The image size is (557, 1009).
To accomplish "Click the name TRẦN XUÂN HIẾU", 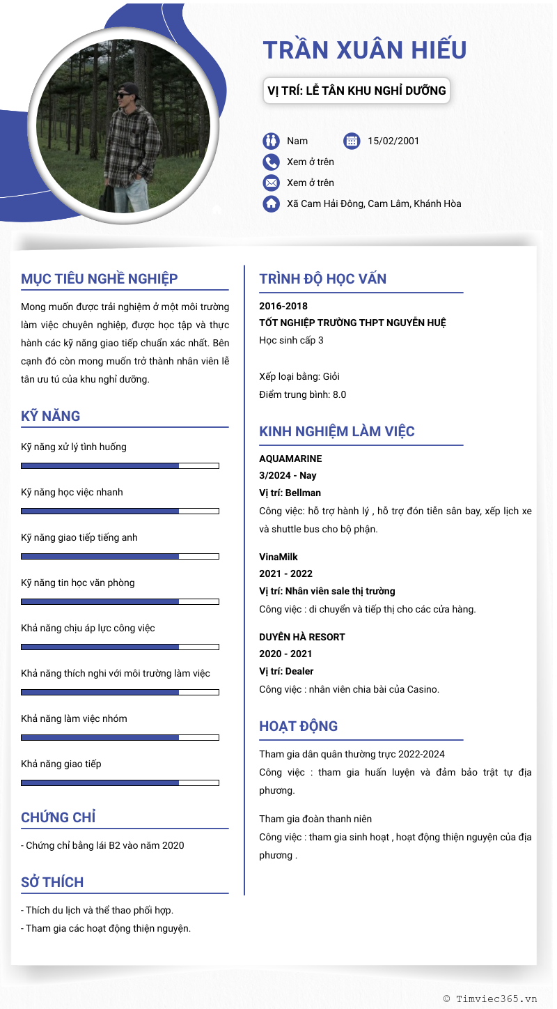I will [x=365, y=50].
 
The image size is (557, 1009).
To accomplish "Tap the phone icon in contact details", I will [x=271, y=162].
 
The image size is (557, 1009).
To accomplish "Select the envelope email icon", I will [x=271, y=183].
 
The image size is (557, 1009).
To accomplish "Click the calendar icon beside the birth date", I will [x=352, y=141].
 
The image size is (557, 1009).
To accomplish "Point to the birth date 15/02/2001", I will [x=393, y=141].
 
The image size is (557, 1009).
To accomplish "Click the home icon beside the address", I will [x=271, y=204].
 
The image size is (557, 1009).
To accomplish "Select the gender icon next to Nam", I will [x=271, y=141].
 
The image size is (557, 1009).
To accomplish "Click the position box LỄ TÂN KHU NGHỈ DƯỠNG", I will [x=356, y=91].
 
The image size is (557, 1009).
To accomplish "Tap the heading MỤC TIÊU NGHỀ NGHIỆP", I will [x=100, y=279].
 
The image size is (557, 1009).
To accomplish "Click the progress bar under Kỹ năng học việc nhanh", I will [x=120, y=511].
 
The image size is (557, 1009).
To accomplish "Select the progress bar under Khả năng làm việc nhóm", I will [x=120, y=737].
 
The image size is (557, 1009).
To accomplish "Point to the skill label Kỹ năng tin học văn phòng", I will [x=78, y=583].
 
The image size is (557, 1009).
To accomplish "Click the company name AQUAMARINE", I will [x=290, y=459].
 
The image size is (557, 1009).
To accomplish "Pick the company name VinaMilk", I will [x=278, y=557].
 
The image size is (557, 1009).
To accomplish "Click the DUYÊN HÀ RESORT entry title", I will [x=302, y=637].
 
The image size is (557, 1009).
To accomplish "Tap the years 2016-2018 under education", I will [x=283, y=306].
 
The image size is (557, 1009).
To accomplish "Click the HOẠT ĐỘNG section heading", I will [x=299, y=726].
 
